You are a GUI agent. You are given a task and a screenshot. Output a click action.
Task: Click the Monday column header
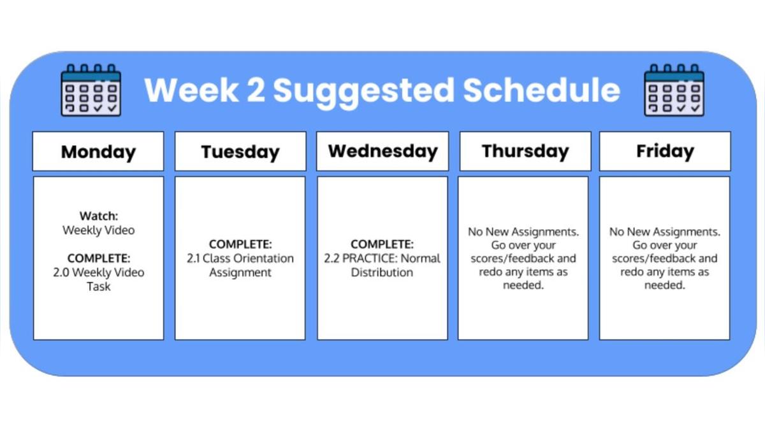pos(98,151)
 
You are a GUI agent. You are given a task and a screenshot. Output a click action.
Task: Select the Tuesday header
pos(240,151)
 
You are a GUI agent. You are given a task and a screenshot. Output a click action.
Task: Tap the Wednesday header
pos(383,151)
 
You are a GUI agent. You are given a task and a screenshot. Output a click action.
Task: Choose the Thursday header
pos(525,151)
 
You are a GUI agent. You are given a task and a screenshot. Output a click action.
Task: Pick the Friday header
pos(665,151)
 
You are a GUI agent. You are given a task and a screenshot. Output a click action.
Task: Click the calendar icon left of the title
pos(91,90)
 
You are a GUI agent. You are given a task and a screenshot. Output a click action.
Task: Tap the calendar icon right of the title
pos(674,90)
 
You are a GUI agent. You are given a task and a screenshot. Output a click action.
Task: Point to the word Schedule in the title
pos(542,90)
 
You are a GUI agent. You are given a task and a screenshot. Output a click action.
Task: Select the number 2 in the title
pos(256,90)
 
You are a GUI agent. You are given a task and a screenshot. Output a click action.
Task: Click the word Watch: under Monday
pos(99,216)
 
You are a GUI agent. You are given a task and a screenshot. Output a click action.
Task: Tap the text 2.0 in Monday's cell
pos(61,272)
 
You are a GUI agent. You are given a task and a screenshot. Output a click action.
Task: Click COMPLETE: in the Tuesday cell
pos(240,244)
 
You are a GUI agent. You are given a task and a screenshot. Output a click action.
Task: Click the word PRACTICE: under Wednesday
pos(370,258)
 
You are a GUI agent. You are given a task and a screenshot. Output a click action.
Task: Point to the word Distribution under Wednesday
pos(382,272)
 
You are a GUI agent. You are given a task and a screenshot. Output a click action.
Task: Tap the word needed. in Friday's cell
pos(664,285)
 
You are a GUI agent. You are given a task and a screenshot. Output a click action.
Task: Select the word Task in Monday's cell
pos(99,286)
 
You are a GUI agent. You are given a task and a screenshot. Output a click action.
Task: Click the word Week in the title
pos(191,90)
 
